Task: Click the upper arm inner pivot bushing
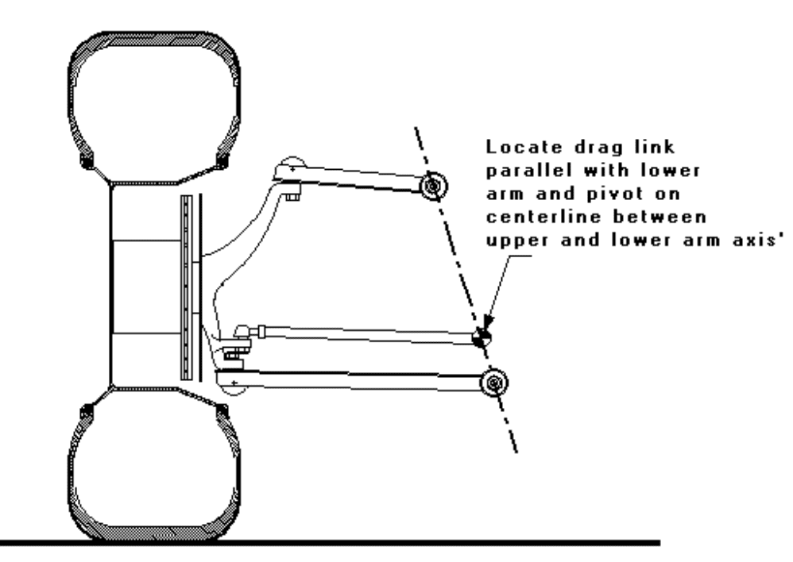(433, 187)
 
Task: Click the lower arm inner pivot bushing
(494, 383)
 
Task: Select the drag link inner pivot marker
(481, 337)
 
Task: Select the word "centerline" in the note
(544, 217)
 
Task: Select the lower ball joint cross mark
(234, 383)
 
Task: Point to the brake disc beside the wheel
(187, 287)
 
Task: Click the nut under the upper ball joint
(293, 194)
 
